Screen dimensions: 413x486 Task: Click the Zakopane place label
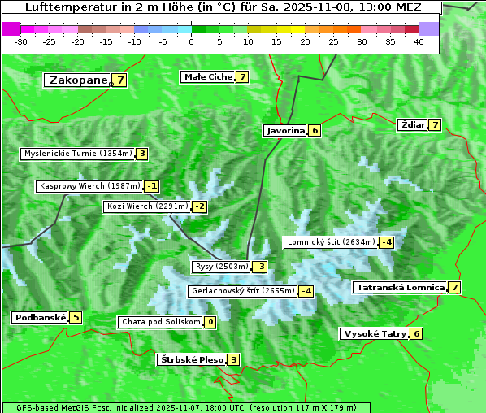point(78,80)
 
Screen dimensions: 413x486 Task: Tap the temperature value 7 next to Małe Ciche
point(242,77)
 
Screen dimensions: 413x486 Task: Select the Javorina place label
point(285,130)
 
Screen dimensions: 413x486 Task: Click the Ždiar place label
point(413,124)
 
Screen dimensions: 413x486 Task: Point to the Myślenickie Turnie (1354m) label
point(77,154)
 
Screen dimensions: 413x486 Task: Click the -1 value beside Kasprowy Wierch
point(151,186)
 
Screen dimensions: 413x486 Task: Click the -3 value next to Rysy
point(259,267)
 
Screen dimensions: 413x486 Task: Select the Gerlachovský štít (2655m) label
point(241,291)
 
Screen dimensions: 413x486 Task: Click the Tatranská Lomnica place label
point(400,287)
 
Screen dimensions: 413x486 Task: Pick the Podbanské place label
point(39,317)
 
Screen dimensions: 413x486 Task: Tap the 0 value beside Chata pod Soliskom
point(210,322)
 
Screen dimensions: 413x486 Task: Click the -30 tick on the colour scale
point(21,41)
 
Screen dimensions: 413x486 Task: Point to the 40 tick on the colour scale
point(419,41)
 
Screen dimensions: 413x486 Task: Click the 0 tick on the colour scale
point(191,41)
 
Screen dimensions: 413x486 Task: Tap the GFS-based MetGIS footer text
point(58,407)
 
